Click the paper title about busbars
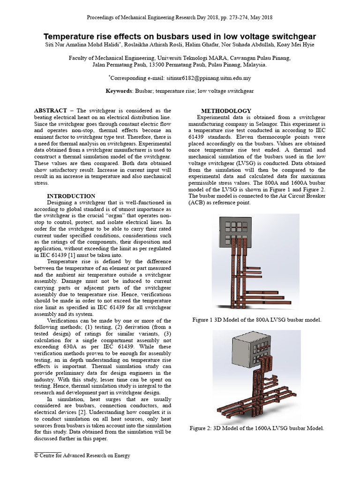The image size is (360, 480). point(180,37)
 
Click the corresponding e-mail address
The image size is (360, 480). point(204,78)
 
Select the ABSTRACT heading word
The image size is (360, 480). point(50,110)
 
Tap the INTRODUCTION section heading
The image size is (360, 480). point(71,196)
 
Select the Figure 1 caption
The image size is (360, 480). point(257,320)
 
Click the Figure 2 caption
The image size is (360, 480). point(257,428)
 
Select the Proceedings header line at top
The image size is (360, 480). point(180,17)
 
